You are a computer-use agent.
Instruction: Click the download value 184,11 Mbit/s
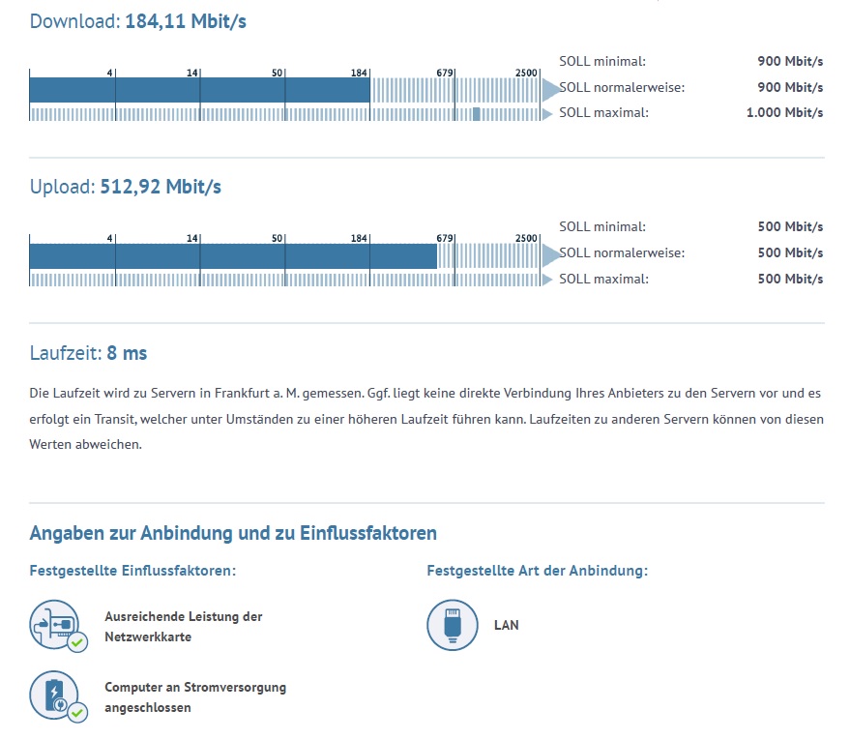[186, 21]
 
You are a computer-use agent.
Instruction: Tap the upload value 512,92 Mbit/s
[161, 187]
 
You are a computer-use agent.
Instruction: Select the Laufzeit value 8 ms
[127, 353]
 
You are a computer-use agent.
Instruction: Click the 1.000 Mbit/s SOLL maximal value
[784, 113]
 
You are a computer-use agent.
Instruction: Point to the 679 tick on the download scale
[445, 73]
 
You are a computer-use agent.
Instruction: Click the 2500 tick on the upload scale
[526, 238]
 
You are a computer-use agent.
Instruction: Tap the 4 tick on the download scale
[110, 73]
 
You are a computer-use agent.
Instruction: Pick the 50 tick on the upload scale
[277, 238]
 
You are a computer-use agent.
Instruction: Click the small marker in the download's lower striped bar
[476, 114]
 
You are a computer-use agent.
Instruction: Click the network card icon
[55, 625]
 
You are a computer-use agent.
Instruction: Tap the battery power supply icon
[55, 695]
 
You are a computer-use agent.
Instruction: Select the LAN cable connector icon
[453, 625]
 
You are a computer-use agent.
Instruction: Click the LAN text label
[507, 625]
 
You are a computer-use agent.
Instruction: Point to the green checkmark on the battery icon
[77, 712]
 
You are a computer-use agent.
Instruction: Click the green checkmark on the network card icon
[77, 642]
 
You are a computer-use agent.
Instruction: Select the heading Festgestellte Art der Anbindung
[538, 571]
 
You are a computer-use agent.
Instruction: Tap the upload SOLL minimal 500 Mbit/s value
[790, 226]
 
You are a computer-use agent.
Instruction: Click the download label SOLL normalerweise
[622, 87]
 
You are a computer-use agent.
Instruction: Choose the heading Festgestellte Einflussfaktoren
[132, 571]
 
